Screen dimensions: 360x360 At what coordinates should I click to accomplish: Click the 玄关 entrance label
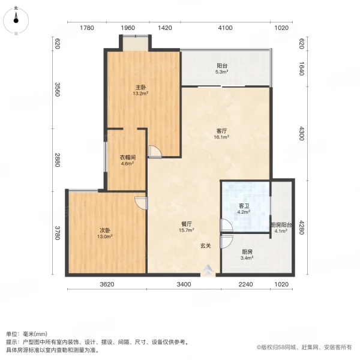(205, 245)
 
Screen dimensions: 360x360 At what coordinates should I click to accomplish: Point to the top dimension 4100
(225, 28)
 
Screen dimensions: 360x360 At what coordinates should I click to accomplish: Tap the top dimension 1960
(127, 28)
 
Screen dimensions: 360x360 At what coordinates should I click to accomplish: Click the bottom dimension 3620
(106, 284)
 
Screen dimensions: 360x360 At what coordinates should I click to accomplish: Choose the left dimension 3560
(58, 90)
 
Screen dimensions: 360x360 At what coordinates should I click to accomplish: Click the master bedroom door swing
(154, 152)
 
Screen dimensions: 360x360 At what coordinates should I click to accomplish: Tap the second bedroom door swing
(140, 203)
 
